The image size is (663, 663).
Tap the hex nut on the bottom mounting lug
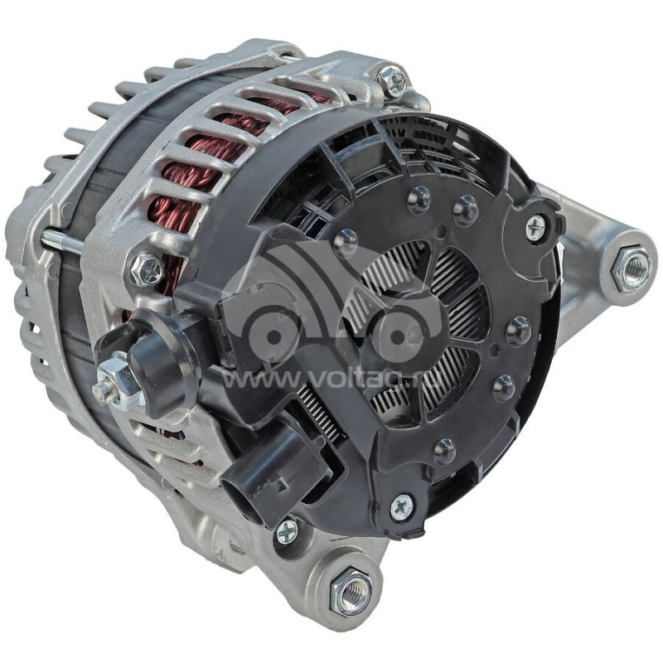tap(351, 588)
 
